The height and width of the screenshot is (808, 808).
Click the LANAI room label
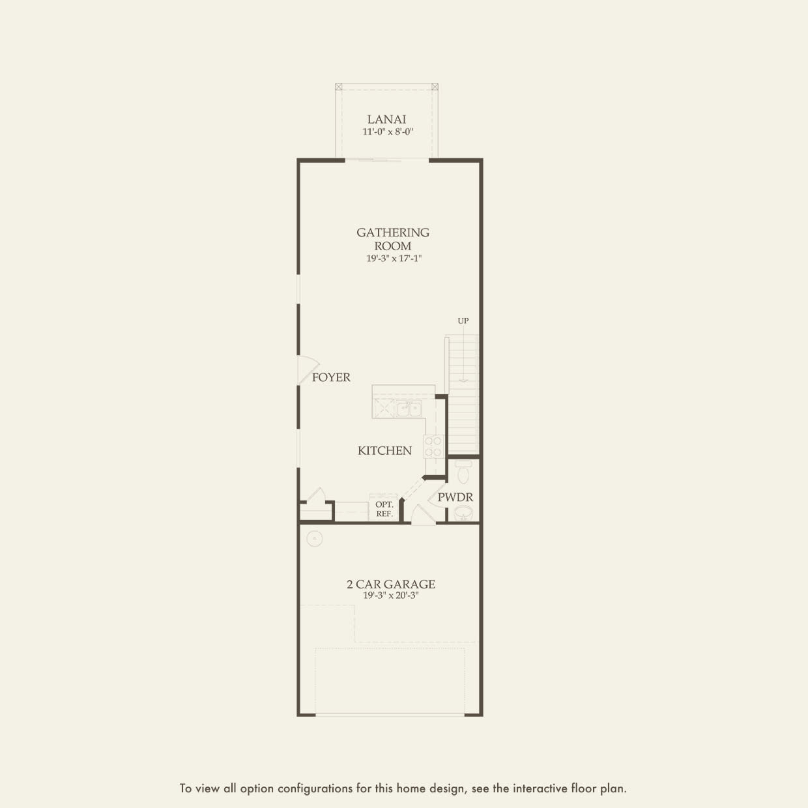[x=386, y=119]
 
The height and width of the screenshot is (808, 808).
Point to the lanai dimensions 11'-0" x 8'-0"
[x=388, y=132]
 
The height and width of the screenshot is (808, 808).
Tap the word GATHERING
[x=393, y=232]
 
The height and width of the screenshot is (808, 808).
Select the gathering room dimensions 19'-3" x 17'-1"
[x=394, y=258]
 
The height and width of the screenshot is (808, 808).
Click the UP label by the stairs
[x=463, y=321]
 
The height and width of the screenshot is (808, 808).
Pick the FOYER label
[x=331, y=377]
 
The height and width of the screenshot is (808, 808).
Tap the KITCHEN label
[x=384, y=451]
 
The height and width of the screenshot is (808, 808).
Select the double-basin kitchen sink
[x=409, y=409]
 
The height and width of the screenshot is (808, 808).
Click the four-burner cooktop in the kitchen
[x=433, y=446]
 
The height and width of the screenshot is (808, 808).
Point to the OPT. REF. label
[x=384, y=509]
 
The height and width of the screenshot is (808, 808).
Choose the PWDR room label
[x=455, y=497]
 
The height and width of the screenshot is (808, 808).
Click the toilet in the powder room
[x=463, y=471]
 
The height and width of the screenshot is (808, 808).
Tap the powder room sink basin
[x=463, y=512]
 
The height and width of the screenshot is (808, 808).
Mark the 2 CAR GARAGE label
[x=391, y=584]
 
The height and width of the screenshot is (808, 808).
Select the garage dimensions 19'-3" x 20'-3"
[x=391, y=596]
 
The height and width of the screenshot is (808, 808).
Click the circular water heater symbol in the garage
[x=315, y=538]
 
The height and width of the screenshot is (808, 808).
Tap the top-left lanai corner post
[x=339, y=87]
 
